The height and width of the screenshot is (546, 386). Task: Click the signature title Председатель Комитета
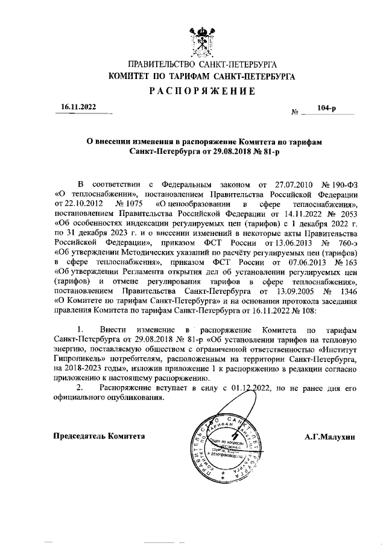point(100,435)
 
